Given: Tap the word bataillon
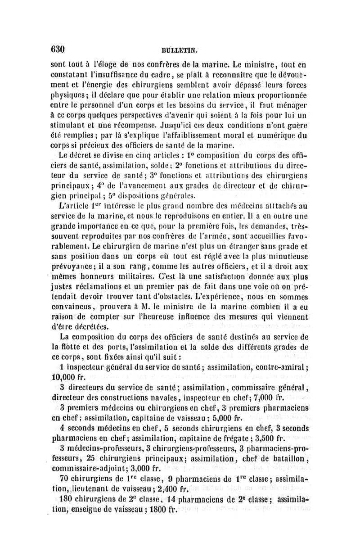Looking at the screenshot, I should point(288,458).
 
